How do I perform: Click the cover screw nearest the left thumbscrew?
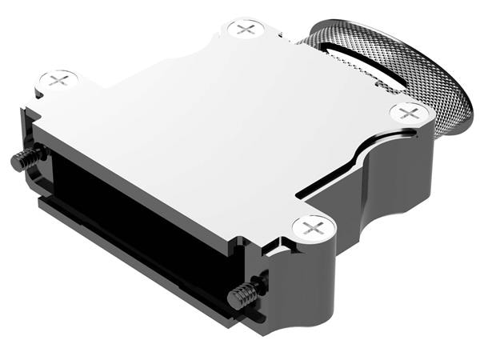[x=58, y=79]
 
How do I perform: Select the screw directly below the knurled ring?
[x=409, y=113]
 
